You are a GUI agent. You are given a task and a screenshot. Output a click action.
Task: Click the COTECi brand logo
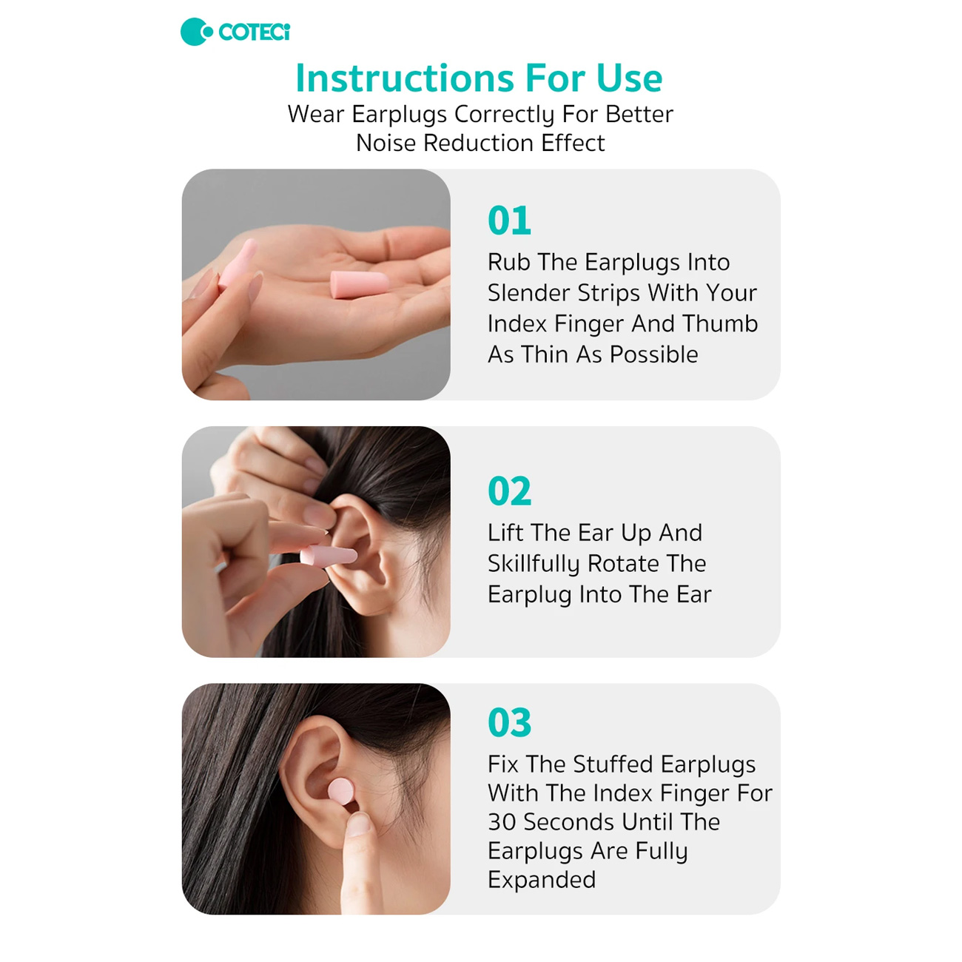click(x=235, y=32)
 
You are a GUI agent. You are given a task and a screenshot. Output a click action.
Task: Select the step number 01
click(x=509, y=221)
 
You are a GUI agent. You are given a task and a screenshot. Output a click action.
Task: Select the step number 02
click(x=510, y=491)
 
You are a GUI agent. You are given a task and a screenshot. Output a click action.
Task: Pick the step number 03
click(x=510, y=722)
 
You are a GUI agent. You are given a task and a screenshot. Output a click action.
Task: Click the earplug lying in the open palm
click(x=360, y=285)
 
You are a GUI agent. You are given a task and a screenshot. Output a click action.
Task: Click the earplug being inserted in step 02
click(x=328, y=556)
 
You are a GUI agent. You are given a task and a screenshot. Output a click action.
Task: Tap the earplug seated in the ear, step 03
click(x=341, y=792)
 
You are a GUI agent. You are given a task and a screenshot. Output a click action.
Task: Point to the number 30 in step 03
click(x=501, y=822)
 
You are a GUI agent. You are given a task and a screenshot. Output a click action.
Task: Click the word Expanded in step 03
click(x=542, y=880)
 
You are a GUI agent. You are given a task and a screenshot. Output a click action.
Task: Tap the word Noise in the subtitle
click(x=386, y=144)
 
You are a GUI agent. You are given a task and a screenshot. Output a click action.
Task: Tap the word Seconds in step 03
click(x=568, y=822)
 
